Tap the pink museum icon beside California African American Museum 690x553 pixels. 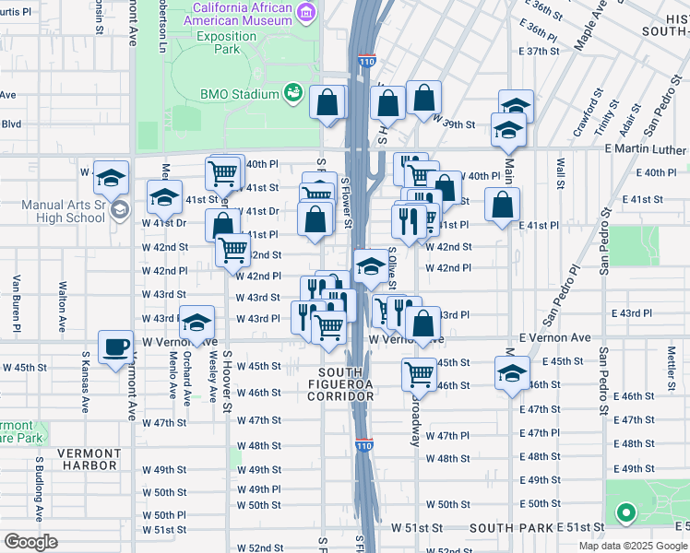(x=307, y=11)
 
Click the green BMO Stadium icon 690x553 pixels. (x=293, y=93)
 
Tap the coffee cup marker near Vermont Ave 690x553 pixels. (x=115, y=347)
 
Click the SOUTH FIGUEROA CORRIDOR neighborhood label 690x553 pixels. (x=340, y=389)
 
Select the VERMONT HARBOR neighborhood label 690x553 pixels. (x=89, y=459)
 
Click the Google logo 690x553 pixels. (x=30, y=542)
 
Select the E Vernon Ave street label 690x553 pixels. (x=554, y=338)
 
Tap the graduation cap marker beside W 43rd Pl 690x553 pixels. (x=196, y=323)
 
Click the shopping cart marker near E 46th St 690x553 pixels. (x=420, y=373)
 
